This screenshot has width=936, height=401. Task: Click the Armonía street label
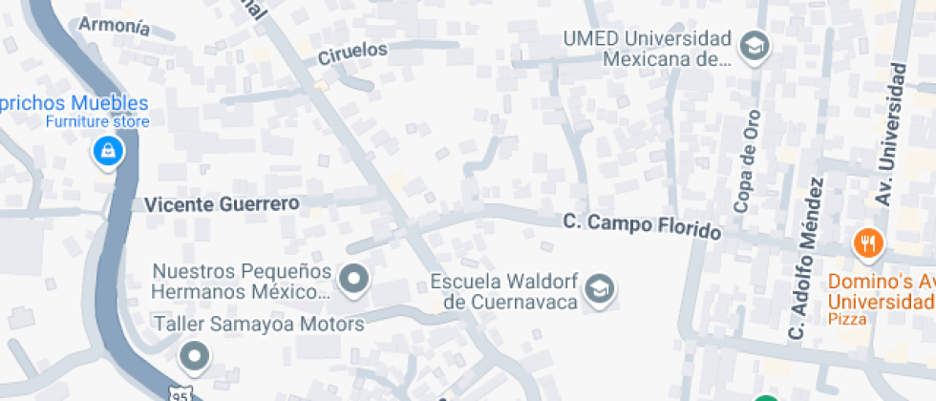(114, 26)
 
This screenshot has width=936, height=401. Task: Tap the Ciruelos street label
(352, 53)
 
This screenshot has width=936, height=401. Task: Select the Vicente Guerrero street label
(222, 203)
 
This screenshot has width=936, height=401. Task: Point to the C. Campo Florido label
(641, 226)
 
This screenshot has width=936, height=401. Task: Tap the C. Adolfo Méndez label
(802, 258)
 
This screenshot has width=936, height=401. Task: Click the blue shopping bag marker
(107, 151)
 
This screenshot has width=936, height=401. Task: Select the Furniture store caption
(98, 122)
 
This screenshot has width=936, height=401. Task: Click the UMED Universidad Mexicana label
(647, 50)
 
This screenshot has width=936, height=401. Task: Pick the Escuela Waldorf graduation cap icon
(600, 287)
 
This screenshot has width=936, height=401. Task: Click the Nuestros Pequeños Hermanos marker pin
(355, 279)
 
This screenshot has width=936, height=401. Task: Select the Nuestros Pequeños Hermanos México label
(242, 281)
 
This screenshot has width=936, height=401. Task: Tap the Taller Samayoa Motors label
(259, 325)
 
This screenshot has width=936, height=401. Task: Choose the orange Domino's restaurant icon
(868, 243)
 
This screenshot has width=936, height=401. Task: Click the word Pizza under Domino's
(847, 319)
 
